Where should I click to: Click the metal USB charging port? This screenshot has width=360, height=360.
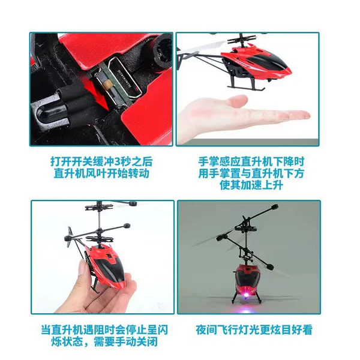pos(123,80)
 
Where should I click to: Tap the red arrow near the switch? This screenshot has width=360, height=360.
pos(97,92)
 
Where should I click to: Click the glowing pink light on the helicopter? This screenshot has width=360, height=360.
pos(247,295)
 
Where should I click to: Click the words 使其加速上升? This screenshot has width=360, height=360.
pos(251,185)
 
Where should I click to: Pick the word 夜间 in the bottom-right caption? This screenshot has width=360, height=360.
pos(206,330)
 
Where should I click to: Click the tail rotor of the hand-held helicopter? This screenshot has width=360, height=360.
pos(69,237)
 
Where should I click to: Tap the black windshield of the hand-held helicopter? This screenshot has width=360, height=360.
pos(113,269)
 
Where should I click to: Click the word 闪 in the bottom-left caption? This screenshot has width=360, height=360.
pos(163,330)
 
